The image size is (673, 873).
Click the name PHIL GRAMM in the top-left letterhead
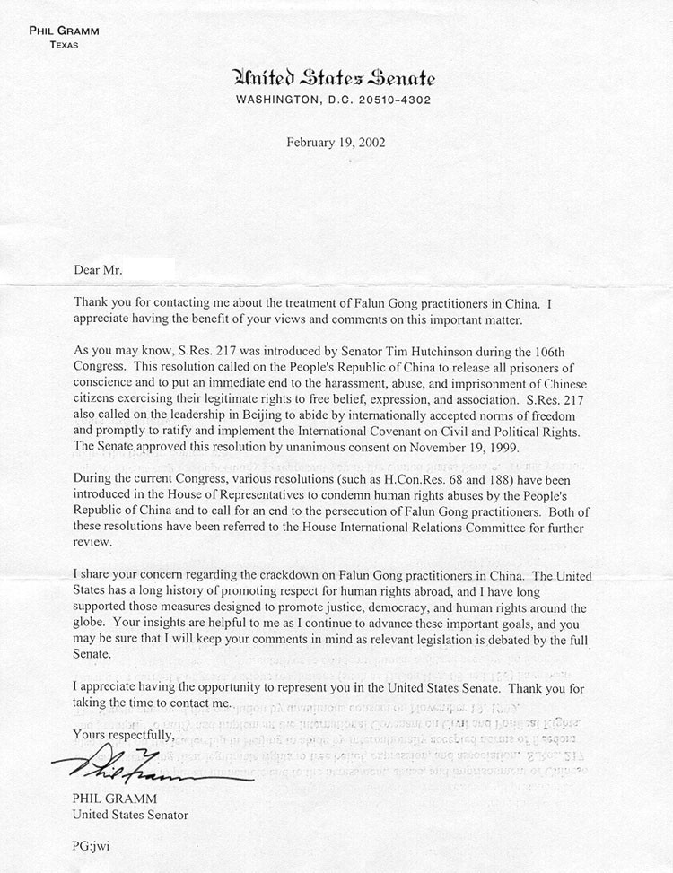point(63,31)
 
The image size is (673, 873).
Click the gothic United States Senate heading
point(334,79)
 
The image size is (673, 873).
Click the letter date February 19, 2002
point(336,143)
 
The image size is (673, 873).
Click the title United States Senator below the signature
point(129,815)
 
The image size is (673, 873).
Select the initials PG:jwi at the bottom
point(92,845)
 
